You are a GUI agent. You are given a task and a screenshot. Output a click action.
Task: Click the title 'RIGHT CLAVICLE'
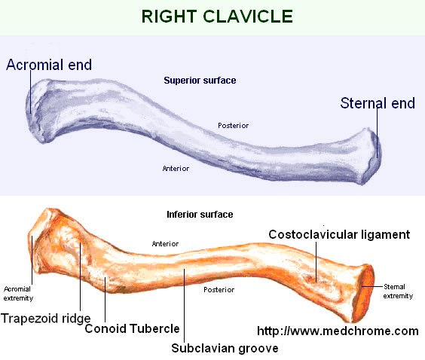click(x=212, y=16)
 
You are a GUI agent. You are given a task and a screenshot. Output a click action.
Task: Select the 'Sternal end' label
click(x=378, y=103)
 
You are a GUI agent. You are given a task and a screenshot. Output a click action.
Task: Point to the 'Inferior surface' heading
click(x=200, y=215)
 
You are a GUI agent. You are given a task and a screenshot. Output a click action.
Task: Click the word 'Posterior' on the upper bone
click(x=234, y=125)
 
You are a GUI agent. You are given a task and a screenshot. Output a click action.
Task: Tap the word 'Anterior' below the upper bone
click(x=176, y=168)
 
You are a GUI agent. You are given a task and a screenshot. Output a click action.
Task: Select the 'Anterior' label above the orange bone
click(x=165, y=243)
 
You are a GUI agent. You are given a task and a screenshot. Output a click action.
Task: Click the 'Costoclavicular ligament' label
click(x=339, y=235)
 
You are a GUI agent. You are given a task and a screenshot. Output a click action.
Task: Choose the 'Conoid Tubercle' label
click(x=132, y=328)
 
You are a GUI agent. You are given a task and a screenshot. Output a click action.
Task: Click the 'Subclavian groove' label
click(x=214, y=348)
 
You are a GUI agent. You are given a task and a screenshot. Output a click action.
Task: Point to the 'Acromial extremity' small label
click(x=17, y=292)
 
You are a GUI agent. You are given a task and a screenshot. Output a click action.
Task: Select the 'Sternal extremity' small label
click(x=399, y=291)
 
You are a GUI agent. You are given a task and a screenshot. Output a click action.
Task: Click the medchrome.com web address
click(x=338, y=331)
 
